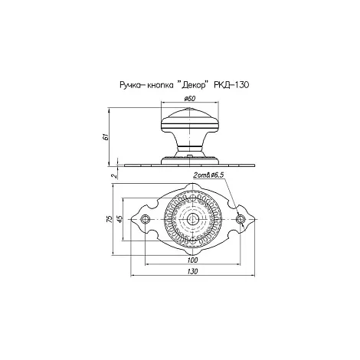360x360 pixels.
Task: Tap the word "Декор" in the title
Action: coord(193,85)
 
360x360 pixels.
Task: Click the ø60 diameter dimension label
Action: coord(189,99)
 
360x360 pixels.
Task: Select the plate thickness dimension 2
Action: coord(115,175)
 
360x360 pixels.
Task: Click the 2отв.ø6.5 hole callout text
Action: coord(208,175)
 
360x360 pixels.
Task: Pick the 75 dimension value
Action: coord(110,219)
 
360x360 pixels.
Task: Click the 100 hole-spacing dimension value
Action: coord(192,260)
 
